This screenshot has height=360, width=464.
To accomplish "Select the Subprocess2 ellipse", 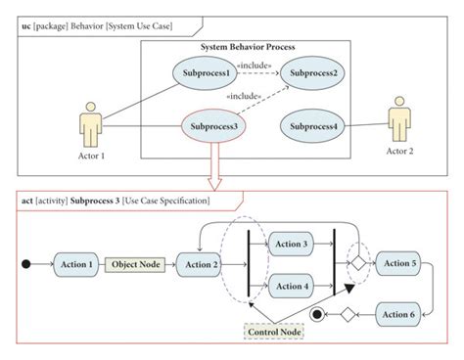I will click(x=312, y=72).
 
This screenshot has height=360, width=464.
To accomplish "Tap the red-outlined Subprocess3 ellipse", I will click(x=215, y=125).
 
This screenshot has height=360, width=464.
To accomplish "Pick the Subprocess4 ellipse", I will click(x=312, y=125).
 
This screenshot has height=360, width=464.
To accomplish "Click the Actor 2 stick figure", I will click(x=399, y=117).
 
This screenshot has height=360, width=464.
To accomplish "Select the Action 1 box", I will click(x=76, y=263).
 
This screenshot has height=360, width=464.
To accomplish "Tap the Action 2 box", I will click(x=202, y=263).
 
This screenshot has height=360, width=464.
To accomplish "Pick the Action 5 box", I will click(x=399, y=263).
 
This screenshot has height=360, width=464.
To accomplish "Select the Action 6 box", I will click(x=399, y=313).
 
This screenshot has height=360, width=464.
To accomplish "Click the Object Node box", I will click(x=137, y=263).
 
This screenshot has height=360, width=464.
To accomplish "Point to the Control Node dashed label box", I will click(x=274, y=333).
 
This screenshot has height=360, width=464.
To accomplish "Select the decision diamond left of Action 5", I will click(x=360, y=263).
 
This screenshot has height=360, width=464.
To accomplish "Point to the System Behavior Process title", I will click(x=248, y=47).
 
